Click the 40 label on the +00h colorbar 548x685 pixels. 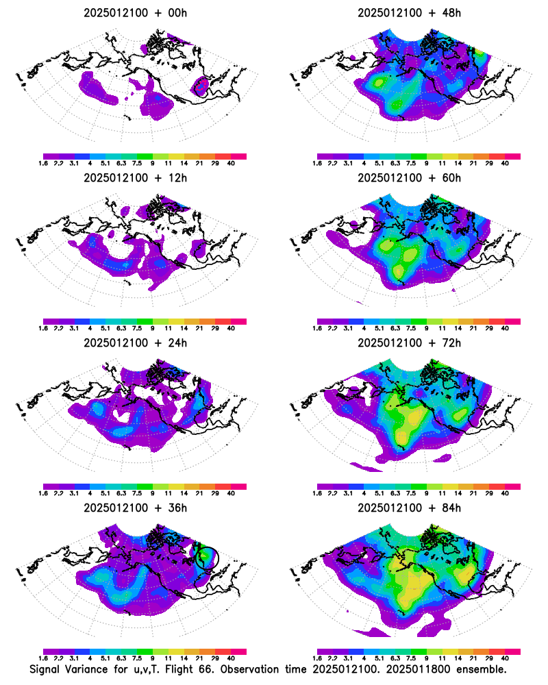click(231, 164)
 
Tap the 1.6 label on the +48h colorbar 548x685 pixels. click(318, 164)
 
